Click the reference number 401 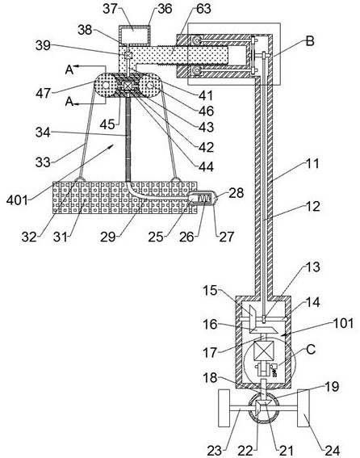pos(18,200)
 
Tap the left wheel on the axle pos(224,408)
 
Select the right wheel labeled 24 pos(303,408)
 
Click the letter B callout pos(310,41)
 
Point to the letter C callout pos(311,349)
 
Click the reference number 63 pos(203,9)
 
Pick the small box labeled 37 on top pos(135,33)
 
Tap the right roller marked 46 pos(150,85)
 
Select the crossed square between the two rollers pos(128,86)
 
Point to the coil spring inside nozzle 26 pos(204,199)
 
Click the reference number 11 pos(312,163)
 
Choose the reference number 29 pos(107,237)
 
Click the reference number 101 pos(344,323)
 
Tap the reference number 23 pos(215,450)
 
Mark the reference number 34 pos(43,132)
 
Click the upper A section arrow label pos(69,69)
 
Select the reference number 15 pos(211,290)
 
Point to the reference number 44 pos(206,166)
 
